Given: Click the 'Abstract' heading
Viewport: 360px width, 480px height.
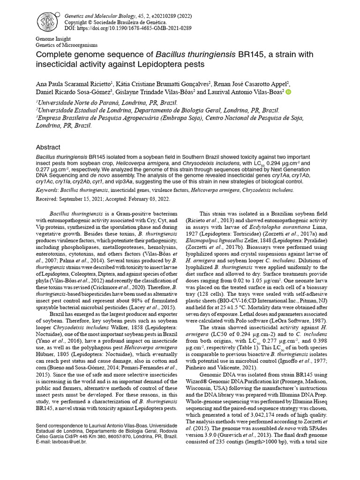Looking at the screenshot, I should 48,147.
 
